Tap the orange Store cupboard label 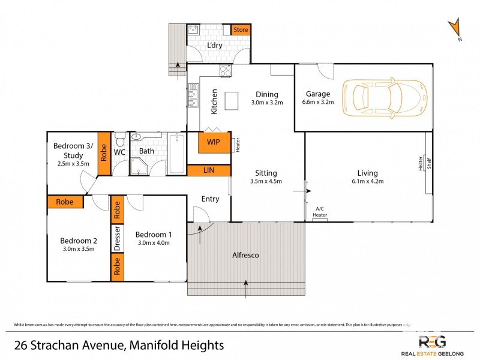[241, 29]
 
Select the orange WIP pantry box [213, 142]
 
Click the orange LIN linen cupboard [209, 171]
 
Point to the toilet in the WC [119, 140]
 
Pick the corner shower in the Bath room [139, 166]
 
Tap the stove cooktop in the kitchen [226, 71]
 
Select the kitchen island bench [232, 101]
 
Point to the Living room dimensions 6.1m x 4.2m [367, 181]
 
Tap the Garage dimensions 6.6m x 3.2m [318, 103]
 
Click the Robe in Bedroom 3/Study [103, 153]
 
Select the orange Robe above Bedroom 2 [65, 202]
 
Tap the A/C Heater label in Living [320, 212]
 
